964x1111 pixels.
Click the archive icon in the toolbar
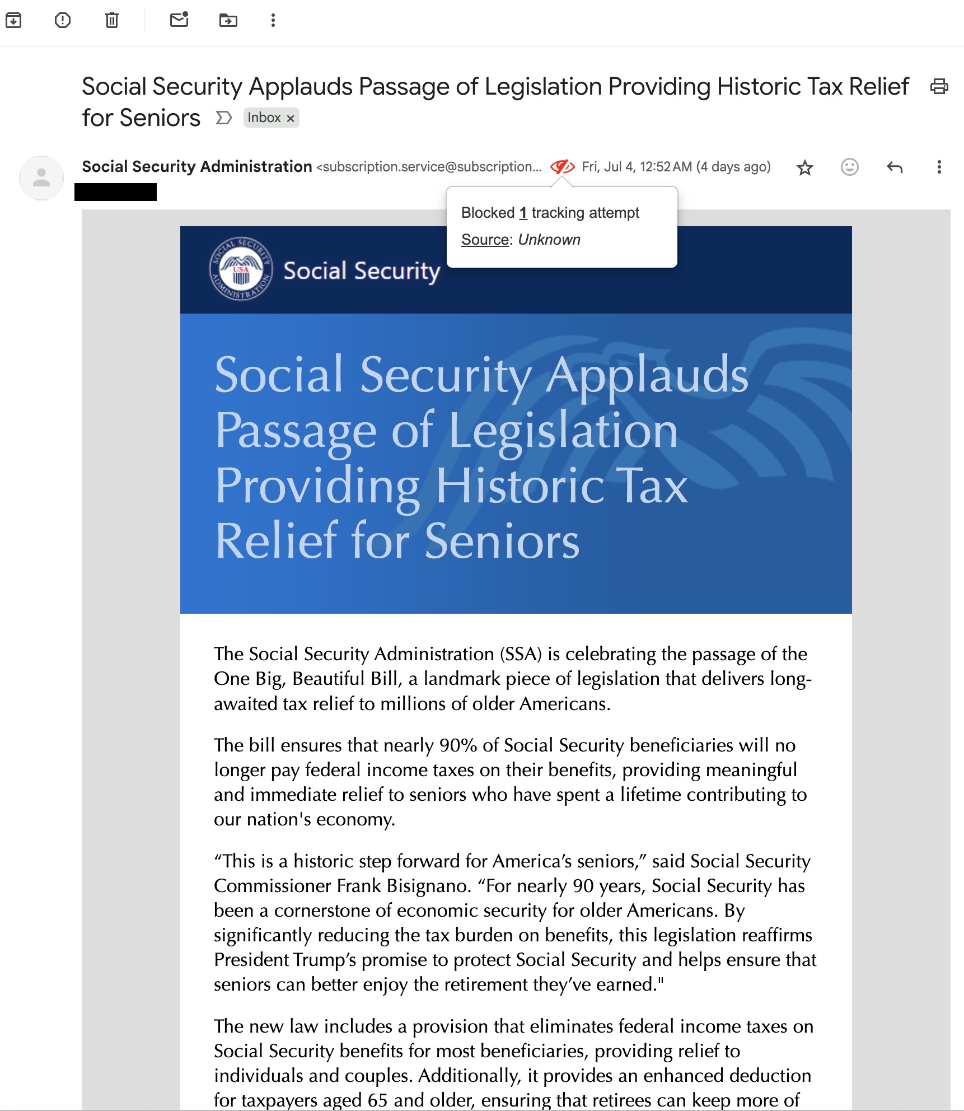pos(13,21)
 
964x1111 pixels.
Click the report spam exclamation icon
pos(63,21)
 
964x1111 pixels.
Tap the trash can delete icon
pos(112,21)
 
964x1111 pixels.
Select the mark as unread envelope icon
pos(179,20)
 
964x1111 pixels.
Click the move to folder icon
pos(228,21)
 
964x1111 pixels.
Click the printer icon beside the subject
pos(939,87)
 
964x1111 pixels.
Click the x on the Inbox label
pos(291,118)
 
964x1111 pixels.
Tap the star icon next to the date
pos(805,167)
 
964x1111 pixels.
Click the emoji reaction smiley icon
pos(849,167)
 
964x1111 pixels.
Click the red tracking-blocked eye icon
pos(562,167)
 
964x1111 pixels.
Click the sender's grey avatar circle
pos(41,178)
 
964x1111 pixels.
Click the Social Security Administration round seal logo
pos(241,269)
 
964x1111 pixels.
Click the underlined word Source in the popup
pos(485,240)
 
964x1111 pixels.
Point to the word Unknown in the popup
pos(549,240)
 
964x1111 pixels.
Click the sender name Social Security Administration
pos(197,166)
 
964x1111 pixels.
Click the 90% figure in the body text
pos(457,745)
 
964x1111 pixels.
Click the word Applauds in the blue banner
pos(647,375)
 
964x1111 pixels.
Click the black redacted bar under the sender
pos(116,192)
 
